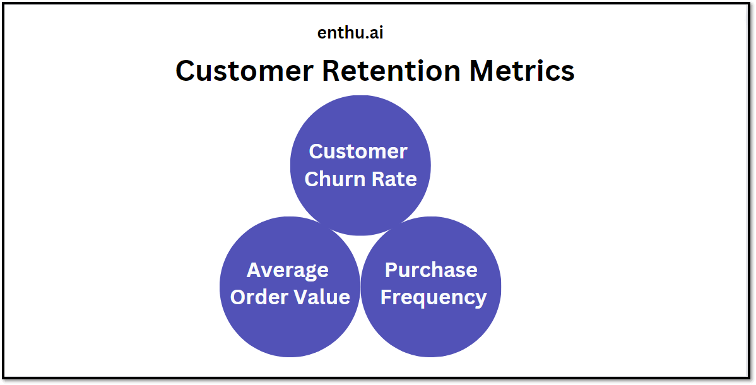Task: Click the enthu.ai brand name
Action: click(x=350, y=33)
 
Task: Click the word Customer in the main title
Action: click(x=244, y=71)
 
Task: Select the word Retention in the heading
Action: click(x=391, y=71)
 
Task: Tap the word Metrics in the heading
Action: click(x=522, y=71)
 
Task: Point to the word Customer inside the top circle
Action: click(x=358, y=151)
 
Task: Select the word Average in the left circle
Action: click(x=288, y=270)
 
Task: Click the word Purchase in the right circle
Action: click(x=431, y=269)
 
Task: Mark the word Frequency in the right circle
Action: click(x=434, y=298)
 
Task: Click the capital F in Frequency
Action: click(x=387, y=297)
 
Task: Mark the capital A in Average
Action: click(x=255, y=269)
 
